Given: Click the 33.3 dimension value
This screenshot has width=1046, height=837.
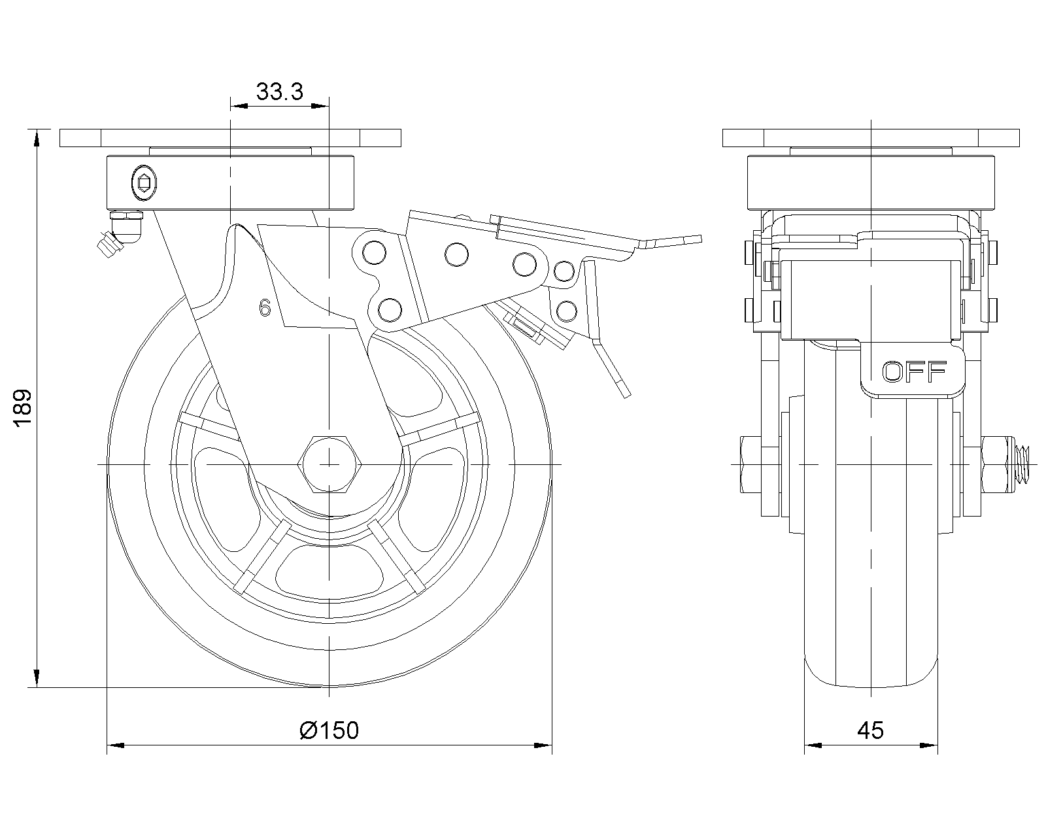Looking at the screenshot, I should tap(279, 92).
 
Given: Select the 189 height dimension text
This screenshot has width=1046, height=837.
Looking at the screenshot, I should tap(23, 409).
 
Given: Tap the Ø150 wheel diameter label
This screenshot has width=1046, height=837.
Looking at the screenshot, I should tap(329, 730).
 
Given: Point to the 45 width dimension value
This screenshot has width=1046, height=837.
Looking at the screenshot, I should tap(870, 730).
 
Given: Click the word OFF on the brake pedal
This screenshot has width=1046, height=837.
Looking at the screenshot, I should tap(913, 372).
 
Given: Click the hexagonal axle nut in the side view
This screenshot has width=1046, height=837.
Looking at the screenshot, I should tap(329, 464).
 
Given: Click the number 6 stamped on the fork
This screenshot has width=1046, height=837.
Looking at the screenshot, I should tap(265, 307).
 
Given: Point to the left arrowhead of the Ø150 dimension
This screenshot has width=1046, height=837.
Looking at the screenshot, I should tap(115, 745).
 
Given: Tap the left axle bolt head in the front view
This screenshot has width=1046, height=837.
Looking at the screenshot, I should tap(751, 464).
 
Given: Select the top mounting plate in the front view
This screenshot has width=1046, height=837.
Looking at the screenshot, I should tap(871, 138).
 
